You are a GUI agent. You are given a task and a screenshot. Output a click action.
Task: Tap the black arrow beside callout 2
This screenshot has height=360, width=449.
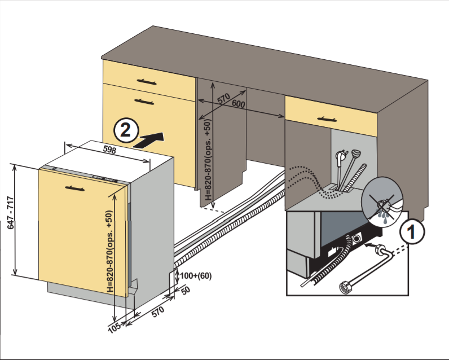point(151,140)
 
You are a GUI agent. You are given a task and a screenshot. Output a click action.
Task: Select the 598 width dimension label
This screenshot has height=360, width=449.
point(110,150)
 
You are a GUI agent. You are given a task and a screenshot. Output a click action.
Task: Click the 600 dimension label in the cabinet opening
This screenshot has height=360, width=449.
point(239,104)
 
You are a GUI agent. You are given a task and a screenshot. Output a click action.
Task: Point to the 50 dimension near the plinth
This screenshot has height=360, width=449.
point(186,289)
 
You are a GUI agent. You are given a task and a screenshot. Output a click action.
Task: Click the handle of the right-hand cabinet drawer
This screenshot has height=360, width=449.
point(329,118)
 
